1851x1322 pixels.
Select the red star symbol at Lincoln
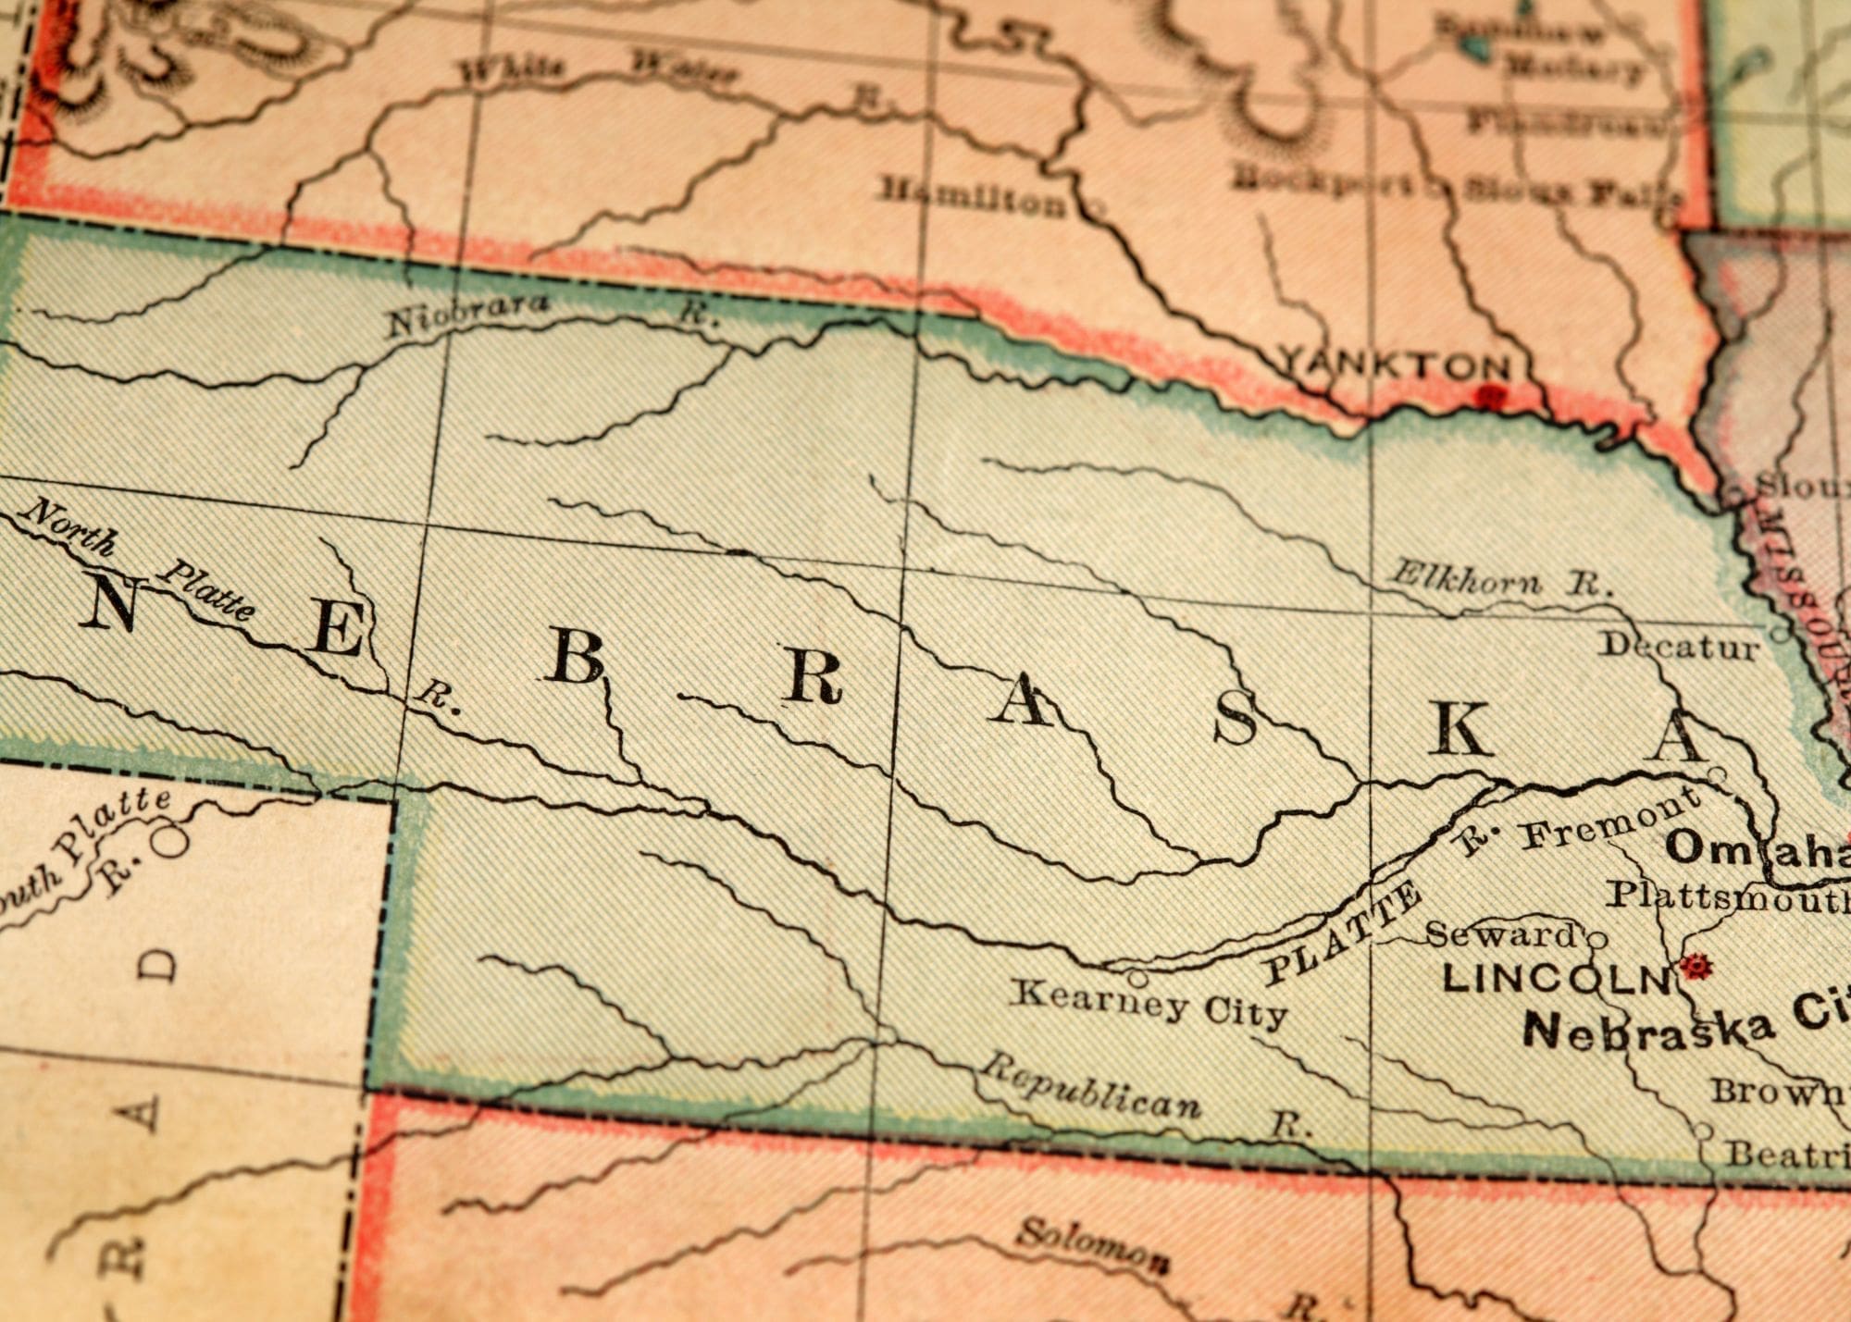pos(1696,967)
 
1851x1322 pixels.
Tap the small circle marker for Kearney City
pos(1138,977)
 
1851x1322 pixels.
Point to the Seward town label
pos(1499,934)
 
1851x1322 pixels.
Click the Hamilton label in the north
pos(972,197)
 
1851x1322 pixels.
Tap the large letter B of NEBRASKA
pos(575,661)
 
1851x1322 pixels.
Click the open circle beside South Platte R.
pos(171,841)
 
